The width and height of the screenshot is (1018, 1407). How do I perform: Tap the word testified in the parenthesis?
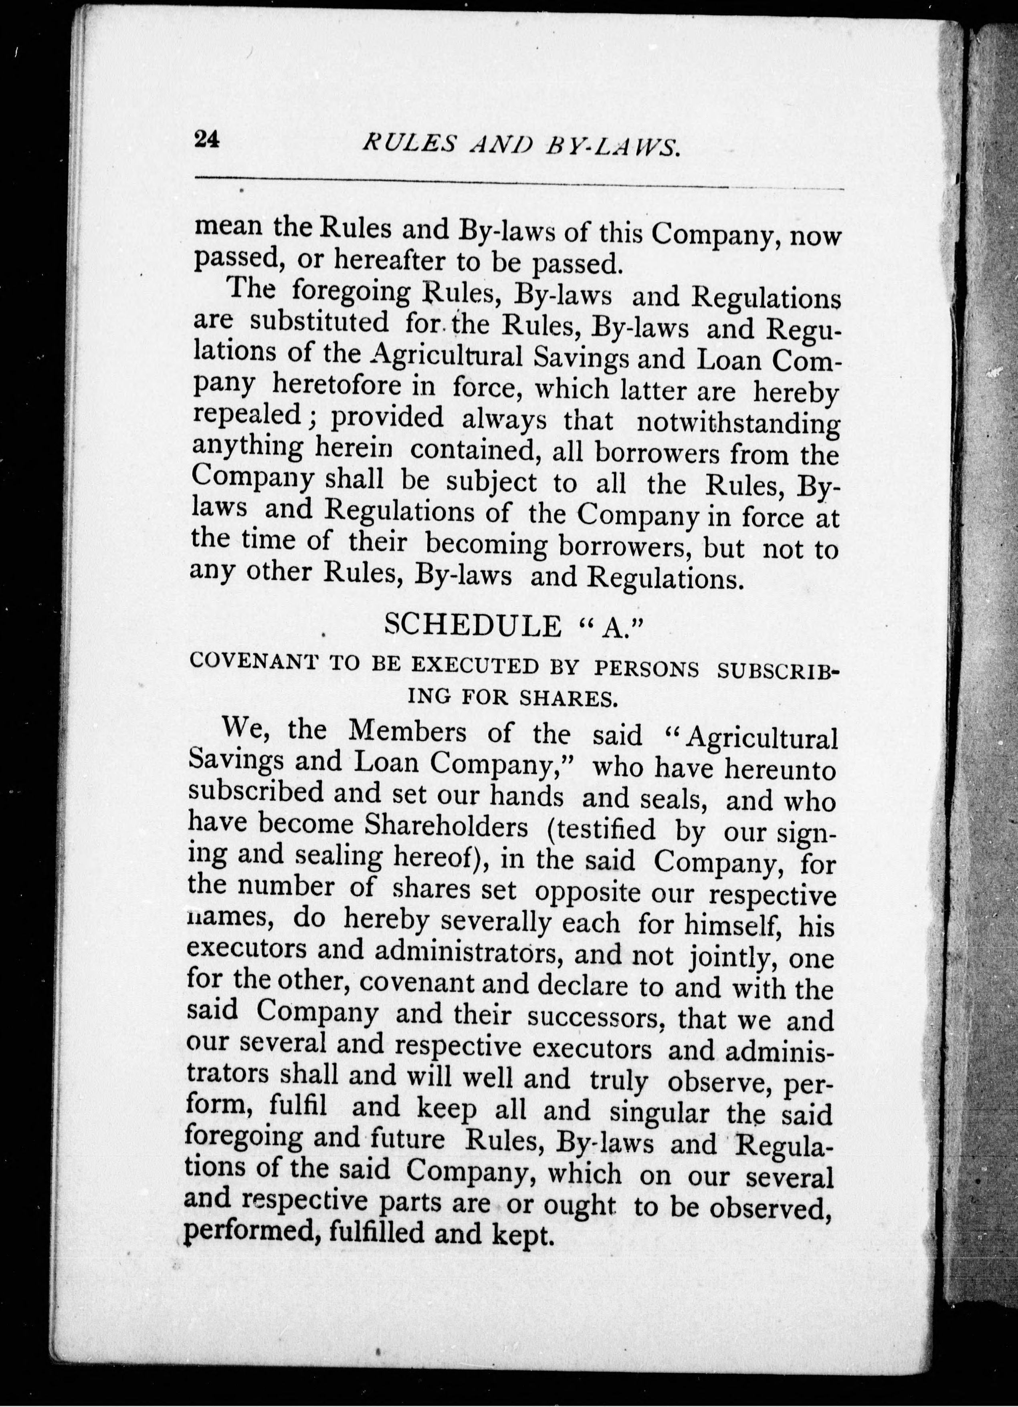coord(602,829)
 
